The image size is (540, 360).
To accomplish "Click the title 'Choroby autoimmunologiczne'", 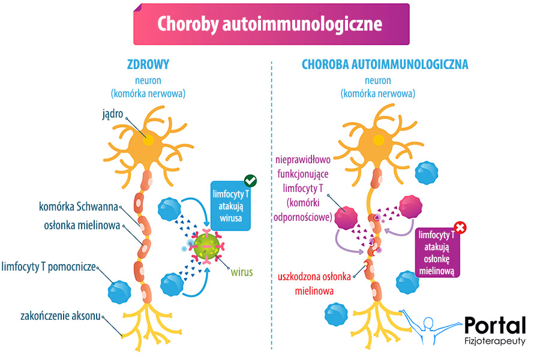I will pos(270,24).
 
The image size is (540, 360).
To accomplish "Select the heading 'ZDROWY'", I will pos(148,64).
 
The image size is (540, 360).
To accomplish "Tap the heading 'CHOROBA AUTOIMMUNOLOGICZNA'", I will pos(385,64).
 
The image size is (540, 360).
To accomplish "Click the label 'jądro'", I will pos(112,113).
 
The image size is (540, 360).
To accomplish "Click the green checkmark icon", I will pos(251,180).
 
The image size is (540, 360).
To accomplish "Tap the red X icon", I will pos(461,228).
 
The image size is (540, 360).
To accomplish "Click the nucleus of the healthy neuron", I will pos(148,140).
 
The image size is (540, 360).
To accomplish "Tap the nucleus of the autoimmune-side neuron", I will pos(379,140).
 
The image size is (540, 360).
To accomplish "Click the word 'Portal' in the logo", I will pos(495,325).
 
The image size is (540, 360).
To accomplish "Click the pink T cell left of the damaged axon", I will pos(347,219).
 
